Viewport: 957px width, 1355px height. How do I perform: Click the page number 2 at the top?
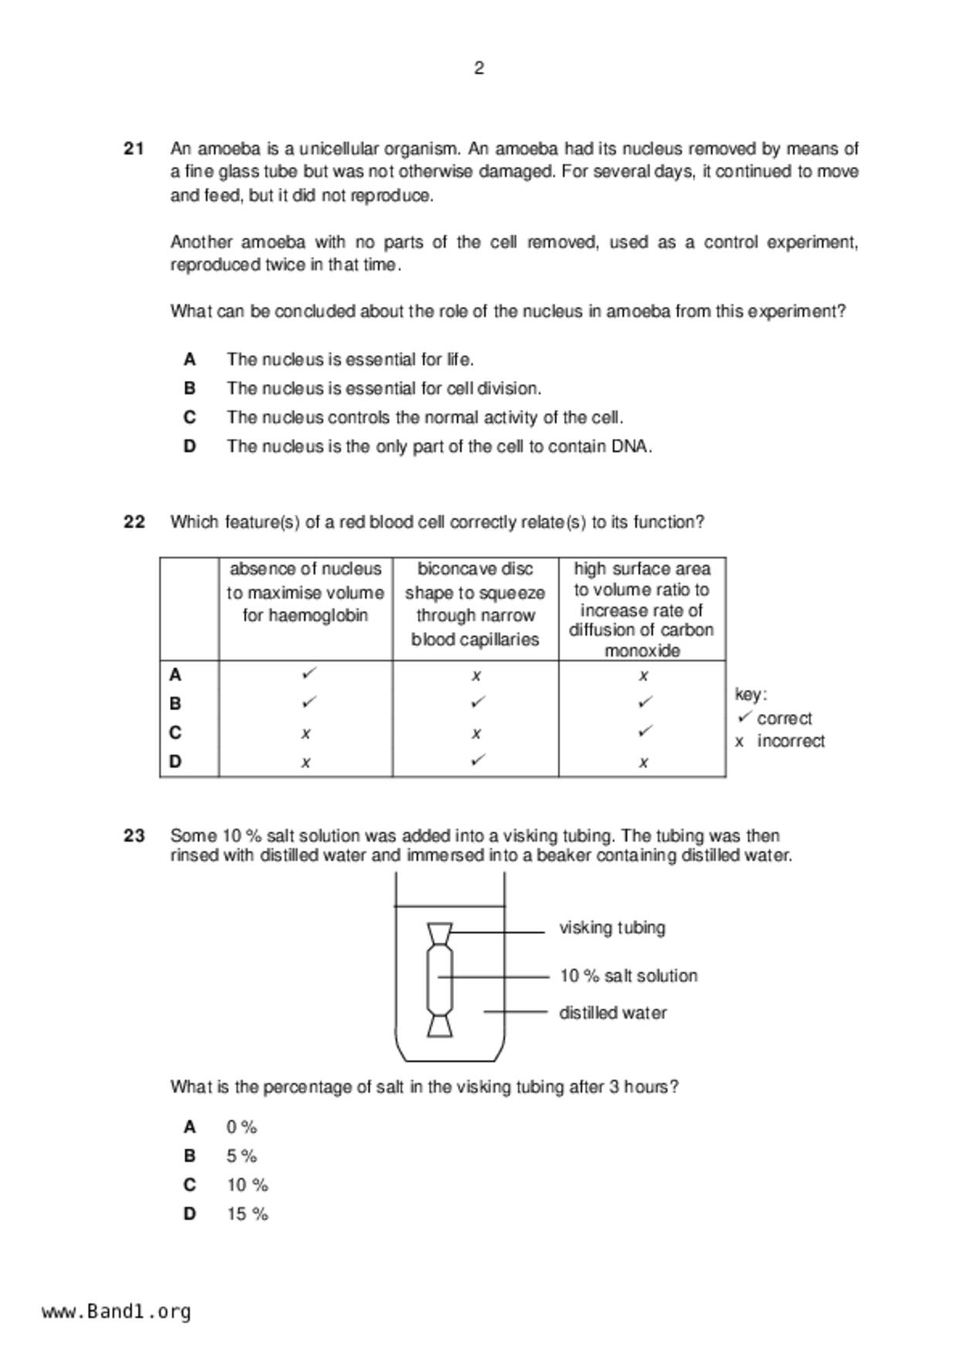point(479,69)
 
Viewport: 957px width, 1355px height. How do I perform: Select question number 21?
point(134,148)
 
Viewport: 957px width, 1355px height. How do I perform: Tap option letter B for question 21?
point(190,389)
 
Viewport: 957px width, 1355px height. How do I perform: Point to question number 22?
point(134,522)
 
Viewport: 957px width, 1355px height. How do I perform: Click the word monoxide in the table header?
point(642,650)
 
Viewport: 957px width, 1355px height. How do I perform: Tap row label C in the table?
point(175,732)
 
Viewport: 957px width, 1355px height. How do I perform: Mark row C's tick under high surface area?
point(645,731)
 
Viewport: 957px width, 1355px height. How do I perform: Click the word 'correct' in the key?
point(784,718)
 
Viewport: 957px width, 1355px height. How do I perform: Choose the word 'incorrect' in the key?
point(790,742)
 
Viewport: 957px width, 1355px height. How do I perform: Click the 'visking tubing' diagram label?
point(612,928)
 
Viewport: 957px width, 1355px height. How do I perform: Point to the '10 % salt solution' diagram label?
point(628,976)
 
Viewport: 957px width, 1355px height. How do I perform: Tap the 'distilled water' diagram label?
point(613,1013)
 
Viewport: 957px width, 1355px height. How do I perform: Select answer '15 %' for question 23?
point(247,1214)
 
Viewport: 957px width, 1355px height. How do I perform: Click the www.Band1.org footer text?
point(117,1312)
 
